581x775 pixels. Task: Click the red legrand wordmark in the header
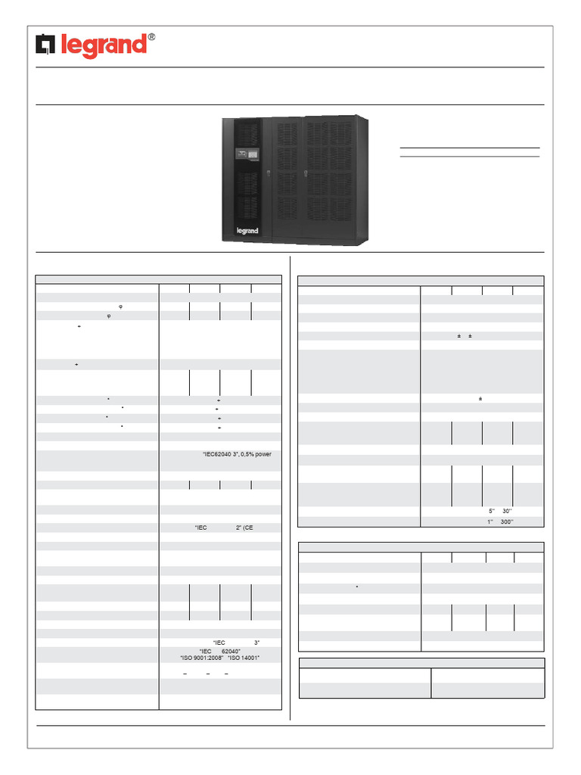point(103,47)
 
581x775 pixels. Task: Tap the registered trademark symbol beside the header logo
point(151,37)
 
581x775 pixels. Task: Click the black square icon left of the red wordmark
point(46,47)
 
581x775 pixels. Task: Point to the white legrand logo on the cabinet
point(247,231)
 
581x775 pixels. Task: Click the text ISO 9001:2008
point(201,658)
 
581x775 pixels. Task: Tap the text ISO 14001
point(244,658)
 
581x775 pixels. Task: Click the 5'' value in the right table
point(492,511)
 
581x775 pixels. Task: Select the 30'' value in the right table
point(507,511)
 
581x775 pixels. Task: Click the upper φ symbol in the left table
point(121,306)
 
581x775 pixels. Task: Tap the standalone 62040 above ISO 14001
point(231,650)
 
